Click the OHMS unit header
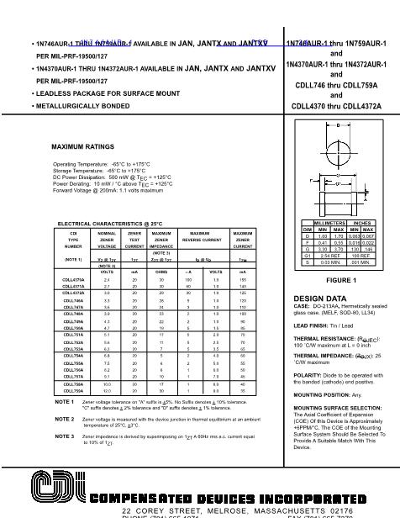pyautogui.click(x=163, y=272)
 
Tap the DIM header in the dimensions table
pyautogui.click(x=308, y=229)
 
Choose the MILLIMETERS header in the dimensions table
pyautogui.click(x=330, y=223)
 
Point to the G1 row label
pyautogui.click(x=308, y=255)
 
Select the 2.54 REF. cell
pyautogui.click(x=330, y=255)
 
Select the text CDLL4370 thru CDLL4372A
pyautogui.click(x=336, y=107)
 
